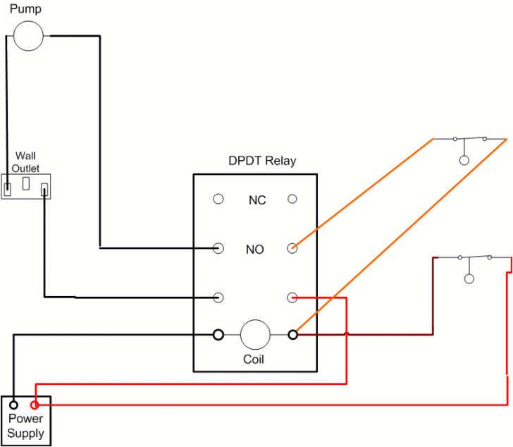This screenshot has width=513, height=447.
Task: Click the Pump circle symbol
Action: pyautogui.click(x=28, y=35)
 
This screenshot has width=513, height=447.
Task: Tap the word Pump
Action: pyautogui.click(x=25, y=9)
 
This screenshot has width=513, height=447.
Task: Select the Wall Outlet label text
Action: pyautogui.click(x=25, y=161)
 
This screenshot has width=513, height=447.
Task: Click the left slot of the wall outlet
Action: pyautogui.click(x=8, y=188)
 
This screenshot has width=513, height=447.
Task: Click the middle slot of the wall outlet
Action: pyautogui.click(x=25, y=184)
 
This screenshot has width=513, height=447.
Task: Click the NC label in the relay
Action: pyautogui.click(x=256, y=200)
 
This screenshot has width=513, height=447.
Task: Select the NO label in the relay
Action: pyautogui.click(x=255, y=249)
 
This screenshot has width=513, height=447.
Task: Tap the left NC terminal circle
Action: pyautogui.click(x=218, y=200)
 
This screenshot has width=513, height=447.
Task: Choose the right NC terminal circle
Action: pyautogui.click(x=292, y=200)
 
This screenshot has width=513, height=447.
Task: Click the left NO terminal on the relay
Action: pyautogui.click(x=218, y=248)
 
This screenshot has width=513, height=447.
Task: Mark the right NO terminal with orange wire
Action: pyautogui.click(x=292, y=248)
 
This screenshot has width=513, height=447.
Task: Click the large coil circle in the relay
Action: pyautogui.click(x=255, y=334)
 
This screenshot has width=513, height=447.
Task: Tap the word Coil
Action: pyautogui.click(x=254, y=359)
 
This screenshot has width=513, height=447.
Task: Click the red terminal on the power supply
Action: pyautogui.click(x=35, y=405)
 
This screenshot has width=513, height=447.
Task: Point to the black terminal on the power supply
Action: pyautogui.click(x=13, y=405)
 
